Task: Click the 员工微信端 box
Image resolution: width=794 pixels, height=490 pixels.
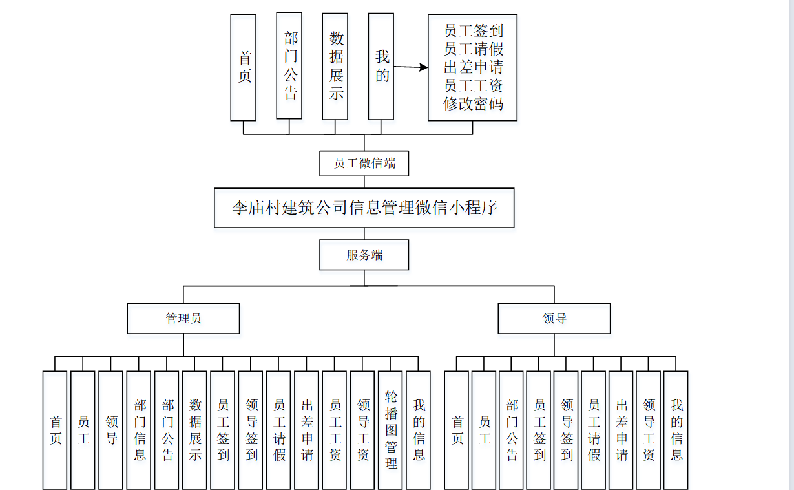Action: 364,164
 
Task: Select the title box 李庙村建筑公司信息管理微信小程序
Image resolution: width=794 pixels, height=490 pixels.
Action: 364,208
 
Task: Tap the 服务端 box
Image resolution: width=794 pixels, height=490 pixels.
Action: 364,255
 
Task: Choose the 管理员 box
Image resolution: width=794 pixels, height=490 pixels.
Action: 183,319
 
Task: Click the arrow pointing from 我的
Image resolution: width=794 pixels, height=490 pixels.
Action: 411,67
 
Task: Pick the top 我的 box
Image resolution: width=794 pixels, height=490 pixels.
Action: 381,67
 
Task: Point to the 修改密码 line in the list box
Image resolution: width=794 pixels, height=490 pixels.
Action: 473,104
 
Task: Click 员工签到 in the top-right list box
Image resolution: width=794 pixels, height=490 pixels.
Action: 473,31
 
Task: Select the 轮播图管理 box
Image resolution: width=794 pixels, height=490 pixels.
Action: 391,430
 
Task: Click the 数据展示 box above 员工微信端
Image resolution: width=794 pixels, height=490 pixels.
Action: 335,67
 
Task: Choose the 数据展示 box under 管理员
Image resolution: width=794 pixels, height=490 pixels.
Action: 196,430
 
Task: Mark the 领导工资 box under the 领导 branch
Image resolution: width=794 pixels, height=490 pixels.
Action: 649,430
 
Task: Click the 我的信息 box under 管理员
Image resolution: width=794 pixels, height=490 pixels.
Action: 419,430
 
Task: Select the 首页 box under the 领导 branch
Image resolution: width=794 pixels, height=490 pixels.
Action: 457,430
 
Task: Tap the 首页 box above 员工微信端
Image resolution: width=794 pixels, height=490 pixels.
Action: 244,67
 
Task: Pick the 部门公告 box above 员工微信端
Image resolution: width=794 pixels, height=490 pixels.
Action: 289,67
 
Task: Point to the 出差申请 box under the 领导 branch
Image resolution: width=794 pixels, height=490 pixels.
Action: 622,430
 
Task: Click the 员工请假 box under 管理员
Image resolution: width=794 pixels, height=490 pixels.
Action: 279,430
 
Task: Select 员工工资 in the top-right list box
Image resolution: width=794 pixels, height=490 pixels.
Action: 473,86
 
